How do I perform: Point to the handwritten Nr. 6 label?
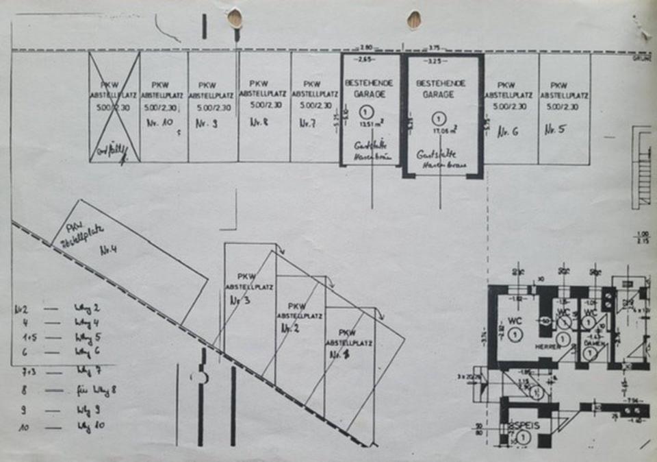[507, 131]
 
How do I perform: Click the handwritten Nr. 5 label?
[555, 130]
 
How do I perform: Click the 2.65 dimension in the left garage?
[363, 61]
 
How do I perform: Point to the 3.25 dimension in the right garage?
[434, 61]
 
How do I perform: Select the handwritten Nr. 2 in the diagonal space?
[292, 328]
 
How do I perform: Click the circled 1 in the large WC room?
[516, 334]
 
